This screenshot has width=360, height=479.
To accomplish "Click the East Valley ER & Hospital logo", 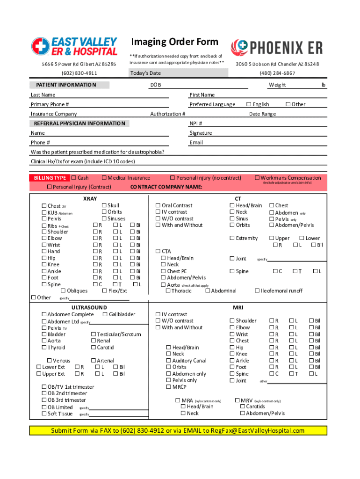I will point(74,46).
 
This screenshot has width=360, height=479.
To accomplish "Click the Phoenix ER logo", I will point(276,47).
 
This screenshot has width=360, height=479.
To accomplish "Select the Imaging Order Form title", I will point(174,42).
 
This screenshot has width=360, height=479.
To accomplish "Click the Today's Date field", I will point(178,73).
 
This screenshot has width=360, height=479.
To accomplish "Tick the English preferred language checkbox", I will point(249,104).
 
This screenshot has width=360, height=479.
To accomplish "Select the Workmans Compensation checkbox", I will point(257,178).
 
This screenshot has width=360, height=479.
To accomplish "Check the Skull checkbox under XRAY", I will point(104,205).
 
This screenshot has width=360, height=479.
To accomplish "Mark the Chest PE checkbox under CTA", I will point(163,271).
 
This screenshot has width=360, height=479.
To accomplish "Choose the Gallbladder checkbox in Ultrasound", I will point(105,314).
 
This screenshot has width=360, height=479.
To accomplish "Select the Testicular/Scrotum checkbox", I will point(94,334).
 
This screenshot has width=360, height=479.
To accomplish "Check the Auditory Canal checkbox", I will point(168,361).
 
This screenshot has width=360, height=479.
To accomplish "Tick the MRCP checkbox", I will point(168,387).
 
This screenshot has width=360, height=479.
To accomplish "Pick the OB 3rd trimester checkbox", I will point(44,400).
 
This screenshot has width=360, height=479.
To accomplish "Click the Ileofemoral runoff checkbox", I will point(257,291).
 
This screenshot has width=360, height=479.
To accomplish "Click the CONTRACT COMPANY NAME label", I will point(166,187).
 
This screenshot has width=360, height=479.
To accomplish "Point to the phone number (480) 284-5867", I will point(277,73).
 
